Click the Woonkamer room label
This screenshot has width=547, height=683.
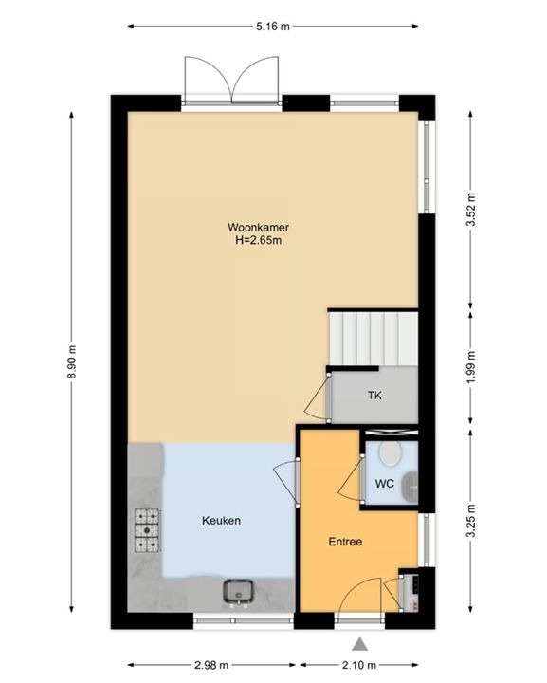pos(258,227)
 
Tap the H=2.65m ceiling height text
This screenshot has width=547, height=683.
pos(259,240)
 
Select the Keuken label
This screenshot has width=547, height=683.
pos(221,521)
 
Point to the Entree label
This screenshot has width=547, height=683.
pos(345,542)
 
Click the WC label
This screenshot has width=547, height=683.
pos(385,484)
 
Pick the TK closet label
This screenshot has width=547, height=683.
pos(374,396)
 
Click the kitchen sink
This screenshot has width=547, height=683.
pos(238,593)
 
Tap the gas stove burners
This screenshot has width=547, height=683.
pos(147,530)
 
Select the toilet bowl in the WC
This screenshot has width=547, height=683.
pos(390,453)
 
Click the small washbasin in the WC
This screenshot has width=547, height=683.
pos(410,486)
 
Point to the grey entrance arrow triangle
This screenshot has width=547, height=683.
pos(359,644)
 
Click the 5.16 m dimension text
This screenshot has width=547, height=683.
pos(273,27)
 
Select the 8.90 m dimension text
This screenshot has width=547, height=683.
pos(72,361)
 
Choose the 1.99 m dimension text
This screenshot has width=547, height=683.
pos(470,368)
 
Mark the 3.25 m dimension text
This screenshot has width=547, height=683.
pos(470,521)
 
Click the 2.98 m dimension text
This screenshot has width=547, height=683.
pos(210,665)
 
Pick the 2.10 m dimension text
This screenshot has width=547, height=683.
pos(359,665)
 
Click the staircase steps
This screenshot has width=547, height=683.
pos(373,338)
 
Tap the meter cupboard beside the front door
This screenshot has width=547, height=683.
pos(410,592)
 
